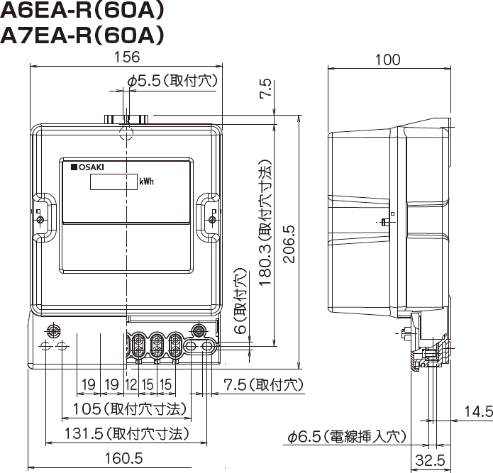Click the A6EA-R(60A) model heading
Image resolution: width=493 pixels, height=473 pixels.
[x=82, y=11]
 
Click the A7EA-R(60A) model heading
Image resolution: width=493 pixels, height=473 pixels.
[x=82, y=35]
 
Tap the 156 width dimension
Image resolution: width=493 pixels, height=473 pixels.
[x=126, y=57]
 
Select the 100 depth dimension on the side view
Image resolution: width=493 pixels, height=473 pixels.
[x=388, y=60]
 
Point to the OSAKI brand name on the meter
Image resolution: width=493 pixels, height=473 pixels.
[x=88, y=167]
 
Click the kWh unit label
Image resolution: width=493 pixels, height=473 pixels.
[x=147, y=182]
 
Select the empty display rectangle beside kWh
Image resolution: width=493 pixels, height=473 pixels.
[x=113, y=182]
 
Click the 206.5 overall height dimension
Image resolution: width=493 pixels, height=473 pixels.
[x=289, y=244]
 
